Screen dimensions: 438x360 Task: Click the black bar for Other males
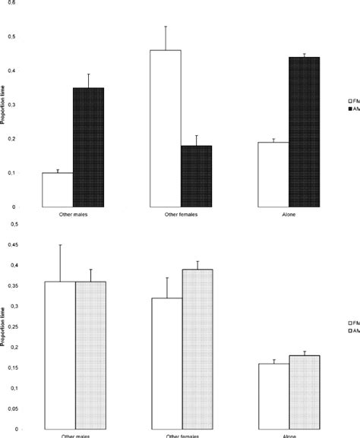tap(87, 147)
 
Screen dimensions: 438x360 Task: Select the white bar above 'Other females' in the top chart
tap(166, 128)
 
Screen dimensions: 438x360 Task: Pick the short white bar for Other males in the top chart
tap(57, 190)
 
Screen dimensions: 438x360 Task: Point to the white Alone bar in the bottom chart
tap(274, 395)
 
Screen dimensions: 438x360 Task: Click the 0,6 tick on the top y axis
tap(10, 3)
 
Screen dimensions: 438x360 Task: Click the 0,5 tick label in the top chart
tap(10, 36)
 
